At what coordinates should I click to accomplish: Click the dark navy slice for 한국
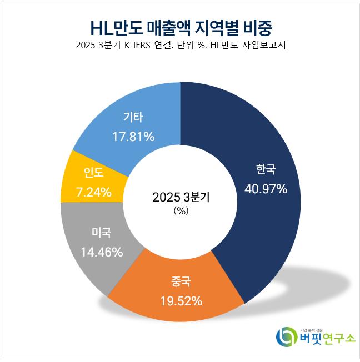(x=261, y=139)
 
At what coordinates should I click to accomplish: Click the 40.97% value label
(x=266, y=189)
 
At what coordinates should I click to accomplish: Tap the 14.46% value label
(x=101, y=252)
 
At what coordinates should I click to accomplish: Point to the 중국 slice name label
(x=181, y=281)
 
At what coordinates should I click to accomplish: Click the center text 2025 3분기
(x=181, y=197)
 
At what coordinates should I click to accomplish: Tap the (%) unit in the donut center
(x=181, y=210)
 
